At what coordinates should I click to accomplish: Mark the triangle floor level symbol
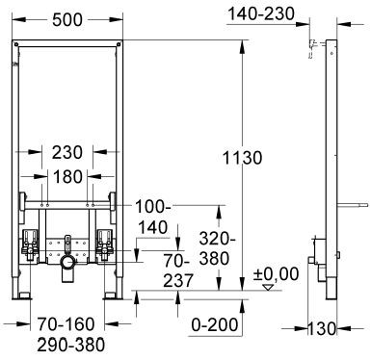tap(268, 287)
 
